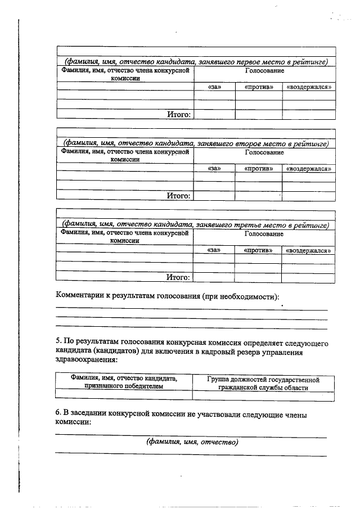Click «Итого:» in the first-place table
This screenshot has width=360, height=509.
179,115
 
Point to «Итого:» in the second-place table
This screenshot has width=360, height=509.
179,196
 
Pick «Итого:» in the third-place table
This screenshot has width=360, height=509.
179,277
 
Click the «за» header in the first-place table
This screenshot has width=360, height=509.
214,87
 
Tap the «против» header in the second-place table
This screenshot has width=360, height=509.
259,169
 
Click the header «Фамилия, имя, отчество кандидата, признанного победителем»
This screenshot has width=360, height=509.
123,382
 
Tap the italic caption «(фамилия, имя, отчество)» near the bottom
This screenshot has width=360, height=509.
192,442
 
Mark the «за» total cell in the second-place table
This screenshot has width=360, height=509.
214,196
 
